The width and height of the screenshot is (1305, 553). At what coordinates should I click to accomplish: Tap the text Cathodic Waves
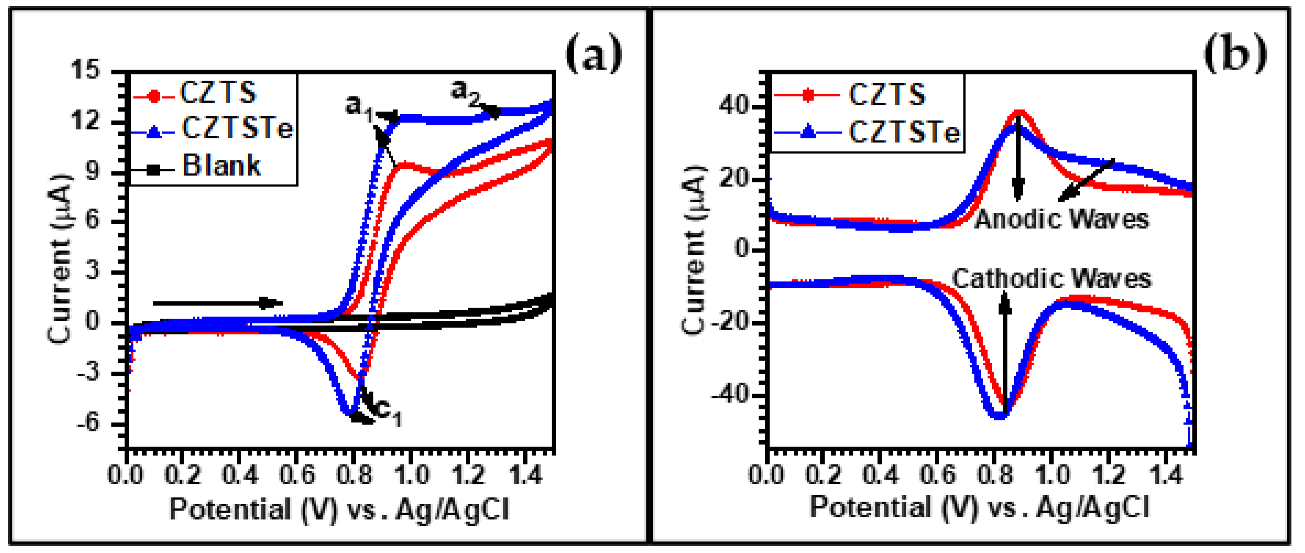point(1052,279)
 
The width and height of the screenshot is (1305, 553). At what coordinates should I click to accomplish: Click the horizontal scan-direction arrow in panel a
point(218,303)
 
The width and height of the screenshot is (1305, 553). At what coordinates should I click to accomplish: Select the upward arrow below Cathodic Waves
point(1005,355)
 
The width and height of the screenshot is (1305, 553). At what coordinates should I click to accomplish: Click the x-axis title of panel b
point(980,507)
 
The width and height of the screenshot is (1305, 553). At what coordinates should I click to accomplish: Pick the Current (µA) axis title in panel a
point(60,259)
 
